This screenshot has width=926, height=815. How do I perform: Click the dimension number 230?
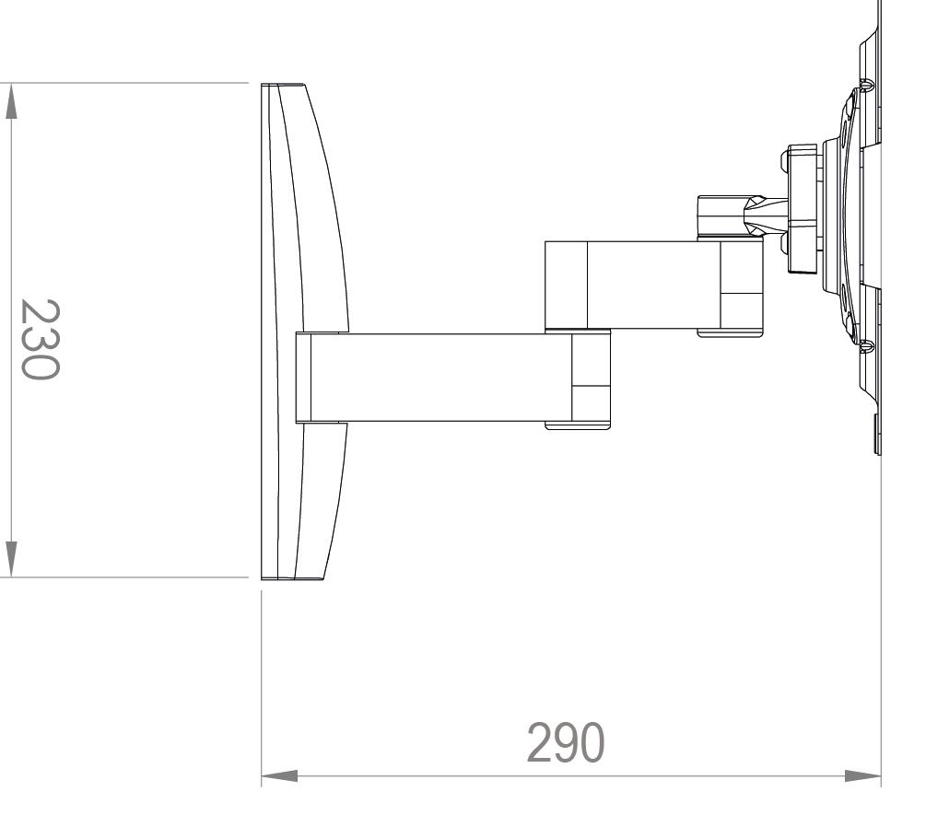tap(40, 339)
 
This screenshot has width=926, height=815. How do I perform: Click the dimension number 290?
tap(565, 742)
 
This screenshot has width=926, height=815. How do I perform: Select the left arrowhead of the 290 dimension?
tap(279, 776)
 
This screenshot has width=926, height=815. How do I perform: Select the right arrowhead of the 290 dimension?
tap(862, 776)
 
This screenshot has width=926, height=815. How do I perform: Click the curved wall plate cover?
tap(304, 332)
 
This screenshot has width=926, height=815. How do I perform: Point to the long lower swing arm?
tap(453, 378)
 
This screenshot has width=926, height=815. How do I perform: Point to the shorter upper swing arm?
tap(654, 285)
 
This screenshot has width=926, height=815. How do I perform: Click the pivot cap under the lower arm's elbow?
tap(578, 425)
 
